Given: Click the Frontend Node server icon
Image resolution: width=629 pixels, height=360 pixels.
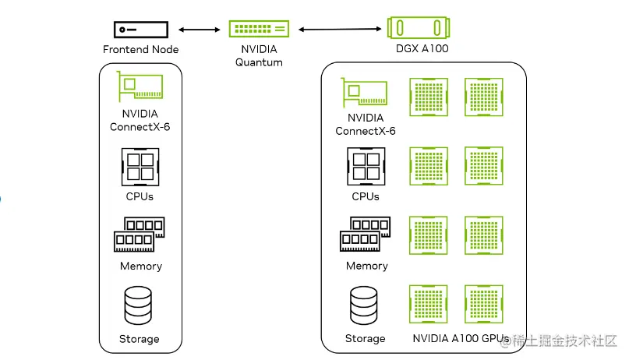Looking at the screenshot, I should pos(140,30).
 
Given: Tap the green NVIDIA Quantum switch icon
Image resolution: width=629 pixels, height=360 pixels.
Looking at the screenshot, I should pos(259,29).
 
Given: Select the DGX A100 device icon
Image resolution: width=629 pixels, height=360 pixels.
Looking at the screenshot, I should pos(419,29).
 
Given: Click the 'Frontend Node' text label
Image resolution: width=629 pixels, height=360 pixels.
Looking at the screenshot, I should pos(140,50).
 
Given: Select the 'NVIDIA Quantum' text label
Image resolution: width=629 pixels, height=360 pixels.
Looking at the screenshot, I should pos(259,55).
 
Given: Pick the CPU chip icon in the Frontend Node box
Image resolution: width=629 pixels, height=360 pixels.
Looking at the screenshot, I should pos(140,166).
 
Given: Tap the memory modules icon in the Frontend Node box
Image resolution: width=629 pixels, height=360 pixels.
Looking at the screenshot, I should pos(140,235).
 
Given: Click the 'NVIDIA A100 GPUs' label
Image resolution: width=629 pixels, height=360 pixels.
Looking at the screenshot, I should pos(460,339).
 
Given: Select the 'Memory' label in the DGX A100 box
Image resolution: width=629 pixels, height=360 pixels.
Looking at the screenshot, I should pos(366,266).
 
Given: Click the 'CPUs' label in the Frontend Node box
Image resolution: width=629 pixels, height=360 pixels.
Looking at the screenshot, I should pos(140,196).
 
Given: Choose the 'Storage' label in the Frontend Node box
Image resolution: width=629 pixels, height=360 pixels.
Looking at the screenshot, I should pos(140,339).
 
